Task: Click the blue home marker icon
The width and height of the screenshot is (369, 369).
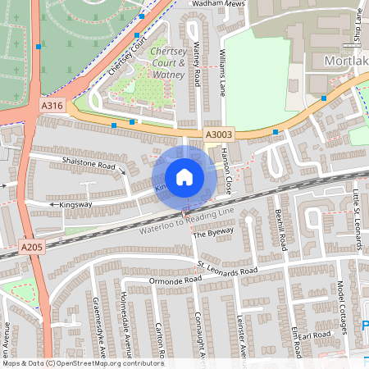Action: (184, 176)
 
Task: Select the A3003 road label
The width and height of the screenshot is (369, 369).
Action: (218, 134)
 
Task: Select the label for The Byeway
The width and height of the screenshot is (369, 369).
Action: (212, 234)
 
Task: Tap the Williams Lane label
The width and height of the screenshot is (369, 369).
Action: (223, 73)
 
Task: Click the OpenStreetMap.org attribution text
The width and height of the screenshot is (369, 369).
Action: (110, 362)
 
